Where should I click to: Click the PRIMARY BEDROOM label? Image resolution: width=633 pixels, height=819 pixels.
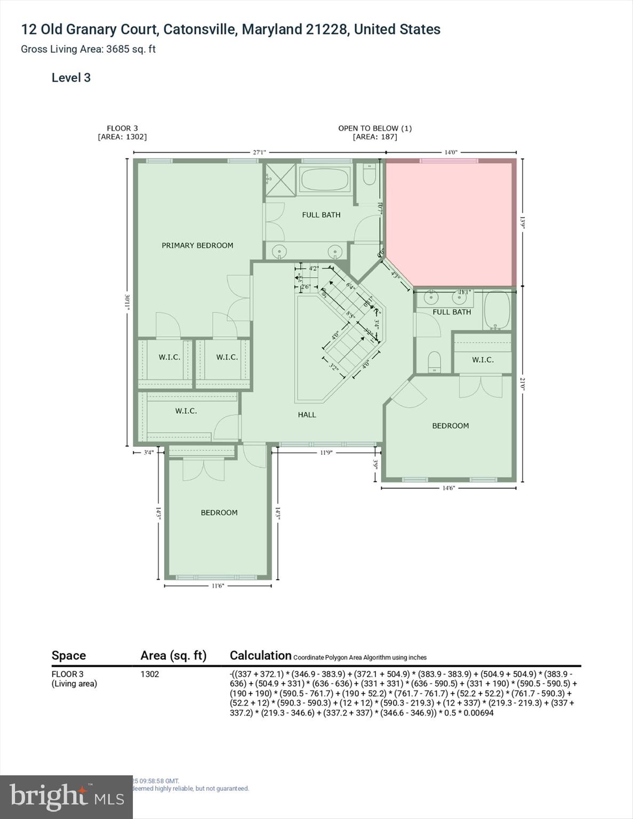point(197,245)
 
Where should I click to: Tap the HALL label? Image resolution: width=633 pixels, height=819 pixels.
point(307,414)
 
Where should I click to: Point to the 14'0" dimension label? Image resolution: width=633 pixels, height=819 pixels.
point(451,152)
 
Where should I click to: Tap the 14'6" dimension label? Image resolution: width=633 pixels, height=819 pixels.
point(448,488)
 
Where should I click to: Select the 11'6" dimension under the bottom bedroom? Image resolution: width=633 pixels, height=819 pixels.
point(218,585)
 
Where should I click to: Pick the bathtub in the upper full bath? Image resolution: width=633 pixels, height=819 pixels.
point(325,179)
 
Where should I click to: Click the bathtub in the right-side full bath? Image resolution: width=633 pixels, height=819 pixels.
point(496,310)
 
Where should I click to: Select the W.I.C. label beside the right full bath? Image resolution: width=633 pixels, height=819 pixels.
point(483,359)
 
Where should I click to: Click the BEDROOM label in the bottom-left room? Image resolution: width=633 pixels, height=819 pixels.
point(219,512)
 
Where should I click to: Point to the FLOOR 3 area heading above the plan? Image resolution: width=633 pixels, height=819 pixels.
point(122,132)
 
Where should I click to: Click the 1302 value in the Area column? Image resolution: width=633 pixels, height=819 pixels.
point(150,674)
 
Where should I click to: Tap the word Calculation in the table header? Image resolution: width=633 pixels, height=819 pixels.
point(260,655)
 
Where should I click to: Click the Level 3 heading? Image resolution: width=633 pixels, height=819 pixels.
point(71,78)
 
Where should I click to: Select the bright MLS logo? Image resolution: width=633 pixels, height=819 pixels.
point(66,797)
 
